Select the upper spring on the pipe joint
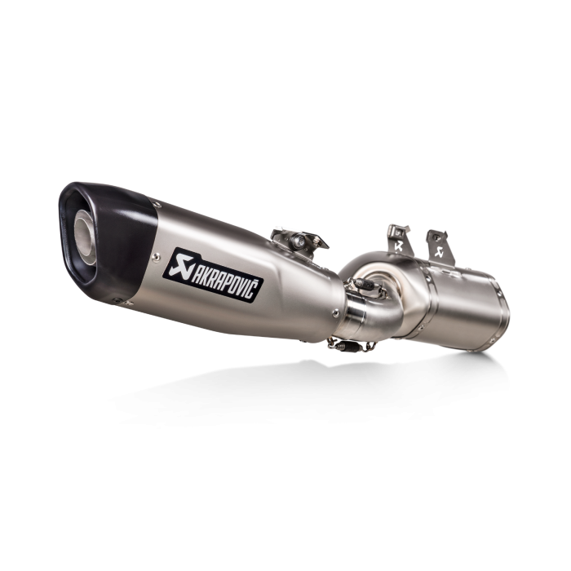point(363,285)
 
